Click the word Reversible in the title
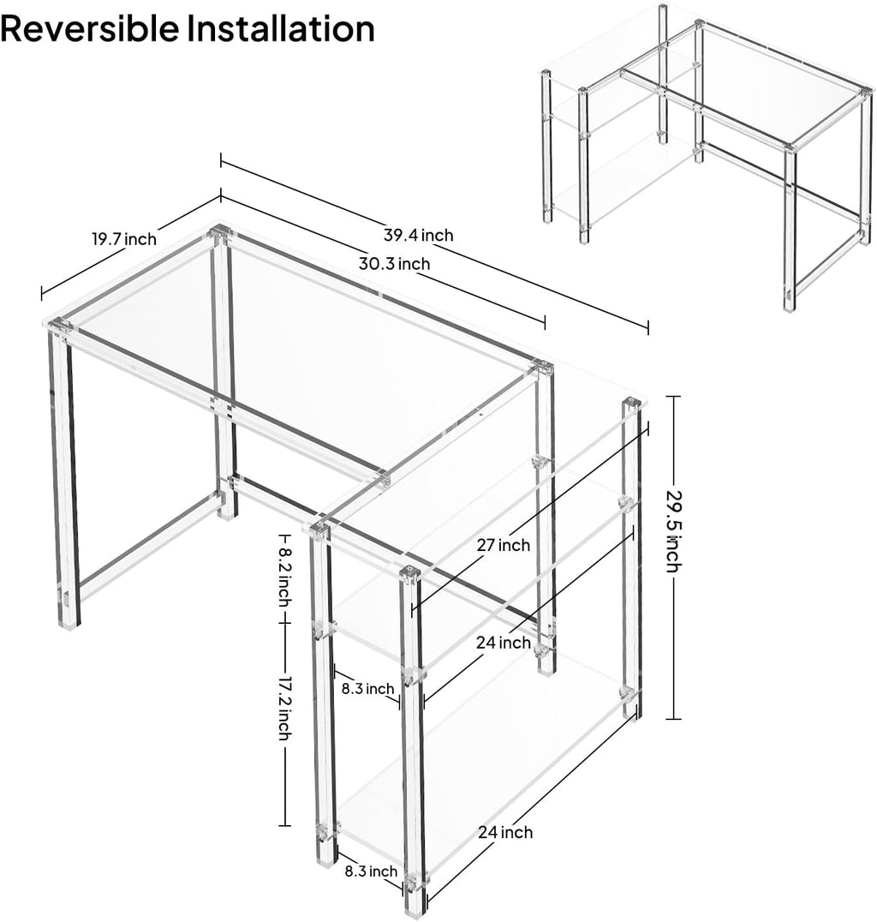point(90,27)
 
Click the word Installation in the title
point(281,27)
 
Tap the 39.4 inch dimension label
point(419,235)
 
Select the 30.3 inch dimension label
point(395,263)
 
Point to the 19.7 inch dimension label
point(124,239)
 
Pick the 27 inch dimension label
point(503,546)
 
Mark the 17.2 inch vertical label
point(284,708)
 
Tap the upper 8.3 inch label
point(368,688)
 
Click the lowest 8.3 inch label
point(371,871)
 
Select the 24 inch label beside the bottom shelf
point(505,832)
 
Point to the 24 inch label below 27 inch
point(504,643)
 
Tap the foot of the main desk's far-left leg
point(69,625)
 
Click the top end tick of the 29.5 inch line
point(673,397)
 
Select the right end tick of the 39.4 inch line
point(648,327)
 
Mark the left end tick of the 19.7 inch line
point(42,293)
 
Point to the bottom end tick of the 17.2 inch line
point(284,825)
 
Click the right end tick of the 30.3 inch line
point(546,322)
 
